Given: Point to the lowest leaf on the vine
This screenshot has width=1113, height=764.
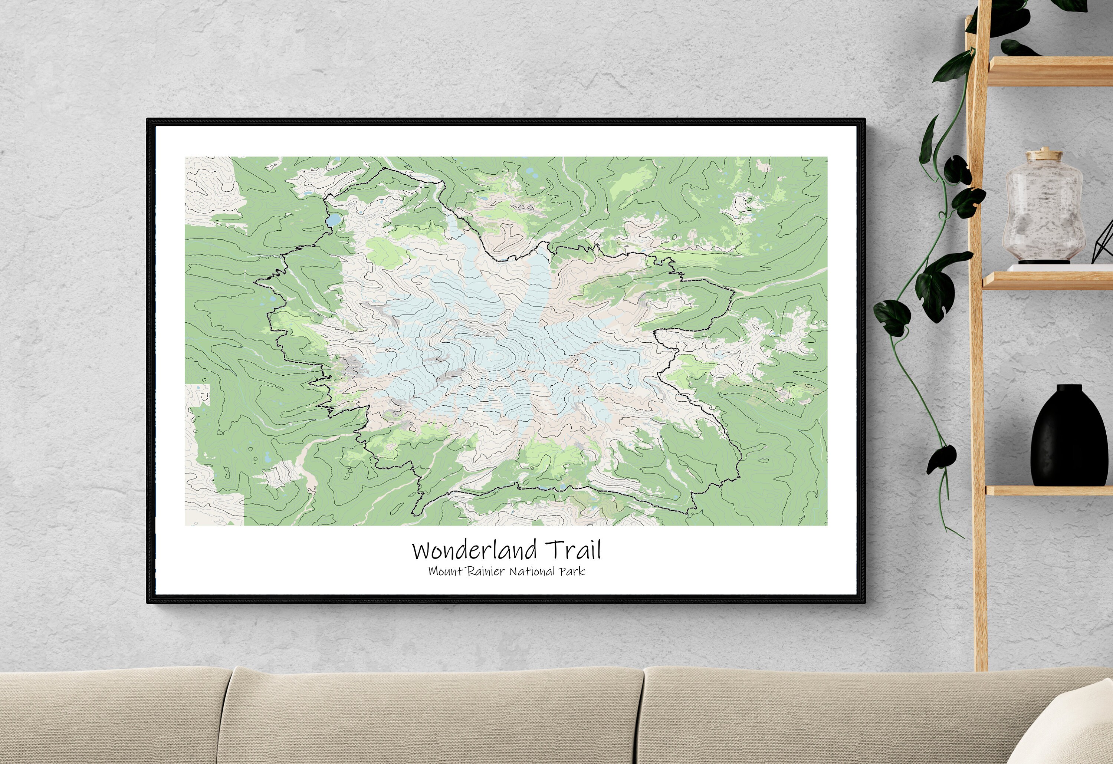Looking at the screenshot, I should point(942,457).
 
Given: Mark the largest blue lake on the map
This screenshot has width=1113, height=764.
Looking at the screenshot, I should point(334,220).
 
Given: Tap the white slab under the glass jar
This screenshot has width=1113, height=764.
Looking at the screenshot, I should point(1054,268).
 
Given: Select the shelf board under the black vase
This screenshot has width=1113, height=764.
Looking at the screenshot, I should point(1049,490).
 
